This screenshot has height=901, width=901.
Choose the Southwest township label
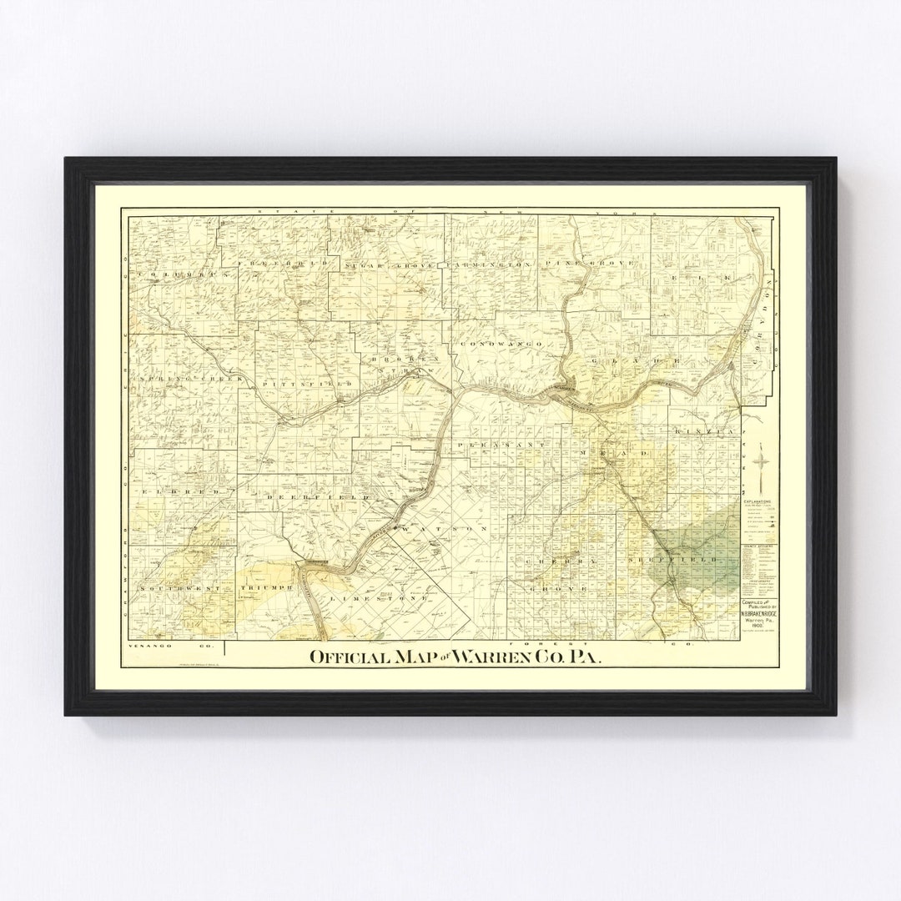179,588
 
